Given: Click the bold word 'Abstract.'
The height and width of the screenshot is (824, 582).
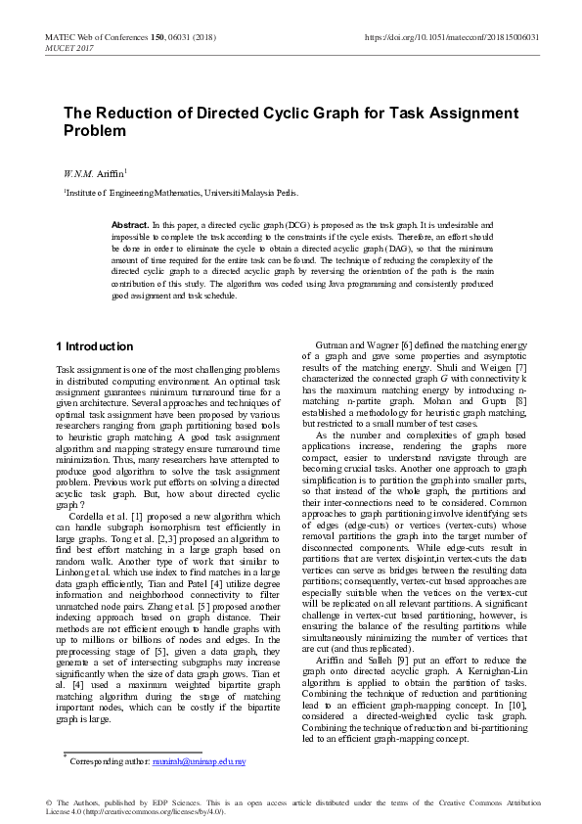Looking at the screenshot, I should [x=130, y=225].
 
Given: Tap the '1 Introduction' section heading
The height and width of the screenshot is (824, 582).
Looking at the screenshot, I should [x=95, y=346].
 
